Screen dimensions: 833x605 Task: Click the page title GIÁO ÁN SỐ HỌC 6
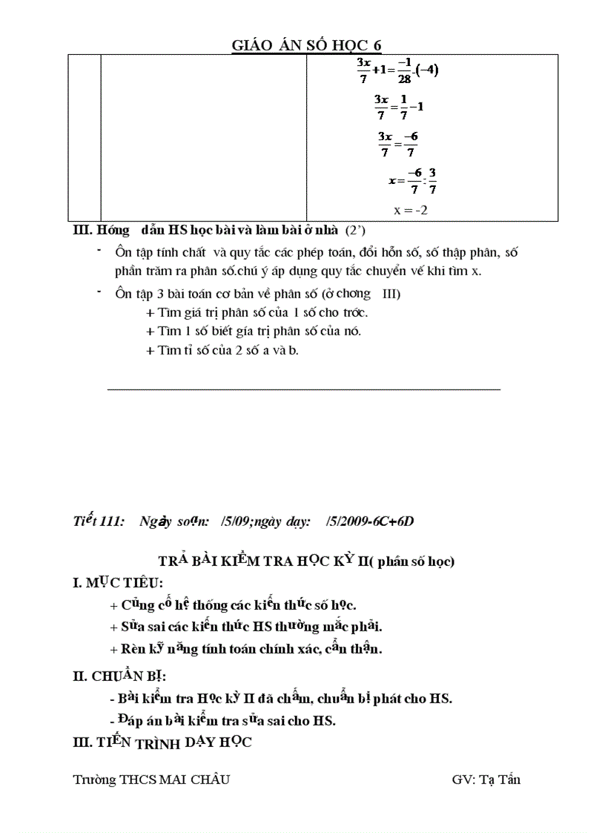click(306, 45)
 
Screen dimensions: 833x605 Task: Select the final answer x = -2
click(411, 210)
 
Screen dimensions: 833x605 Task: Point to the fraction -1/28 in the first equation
click(404, 71)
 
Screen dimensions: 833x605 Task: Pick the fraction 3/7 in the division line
click(432, 180)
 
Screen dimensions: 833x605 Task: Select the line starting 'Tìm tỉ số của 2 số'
click(222, 350)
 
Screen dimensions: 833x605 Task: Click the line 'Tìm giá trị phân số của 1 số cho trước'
click(257, 312)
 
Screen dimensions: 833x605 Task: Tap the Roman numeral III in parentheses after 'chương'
click(390, 294)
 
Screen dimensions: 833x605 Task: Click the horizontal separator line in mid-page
click(304, 388)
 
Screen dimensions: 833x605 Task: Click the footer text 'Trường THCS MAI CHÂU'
click(151, 779)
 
